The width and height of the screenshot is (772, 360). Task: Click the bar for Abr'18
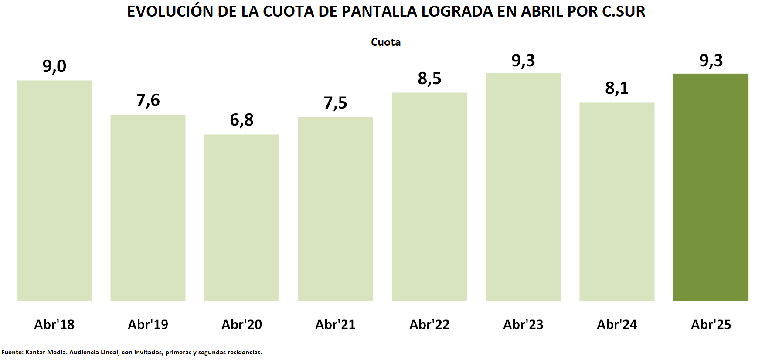pos(54,190)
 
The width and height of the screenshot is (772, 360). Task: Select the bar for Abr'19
pos(148,207)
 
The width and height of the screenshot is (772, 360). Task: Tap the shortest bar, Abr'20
pos(241,217)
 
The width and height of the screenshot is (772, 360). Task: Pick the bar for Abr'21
pos(335,209)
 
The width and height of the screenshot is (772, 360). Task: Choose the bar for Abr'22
pos(429,197)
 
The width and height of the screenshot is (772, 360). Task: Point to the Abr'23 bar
pos(523,187)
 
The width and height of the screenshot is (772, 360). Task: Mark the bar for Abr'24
pos(617,201)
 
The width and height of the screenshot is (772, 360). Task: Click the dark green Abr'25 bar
pos(711,187)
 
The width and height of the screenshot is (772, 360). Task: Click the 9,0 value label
pos(54,66)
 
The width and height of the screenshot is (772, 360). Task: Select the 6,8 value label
pos(241,120)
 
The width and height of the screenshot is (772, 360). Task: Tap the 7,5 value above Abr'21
pos(335,103)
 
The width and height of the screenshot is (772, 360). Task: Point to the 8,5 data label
pos(429,78)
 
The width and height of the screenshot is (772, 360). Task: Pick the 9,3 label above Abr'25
pos(711,61)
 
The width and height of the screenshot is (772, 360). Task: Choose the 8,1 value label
pos(617,88)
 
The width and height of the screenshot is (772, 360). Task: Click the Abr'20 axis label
pos(241,324)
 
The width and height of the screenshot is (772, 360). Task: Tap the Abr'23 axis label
pos(523,324)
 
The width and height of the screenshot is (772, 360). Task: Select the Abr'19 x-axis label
pos(148,324)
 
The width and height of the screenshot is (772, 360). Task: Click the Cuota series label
pos(386,42)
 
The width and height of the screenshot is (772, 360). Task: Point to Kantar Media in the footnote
pos(46,352)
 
